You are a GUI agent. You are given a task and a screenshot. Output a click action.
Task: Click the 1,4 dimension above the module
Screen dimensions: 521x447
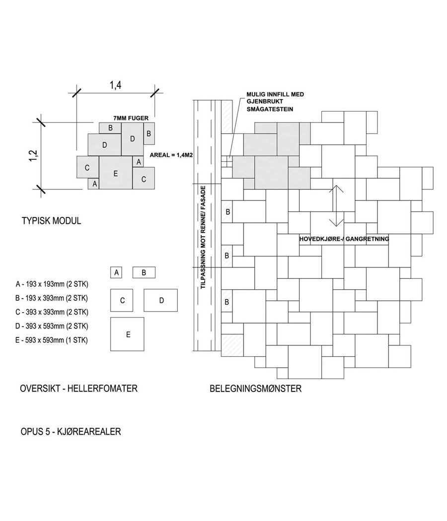click(x=115, y=85)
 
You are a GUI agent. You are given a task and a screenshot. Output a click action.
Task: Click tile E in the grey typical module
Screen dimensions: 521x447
click(x=115, y=173)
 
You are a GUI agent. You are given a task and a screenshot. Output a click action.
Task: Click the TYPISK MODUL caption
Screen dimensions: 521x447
click(x=51, y=221)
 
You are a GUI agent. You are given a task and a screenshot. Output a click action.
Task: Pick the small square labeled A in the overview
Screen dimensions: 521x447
click(x=117, y=272)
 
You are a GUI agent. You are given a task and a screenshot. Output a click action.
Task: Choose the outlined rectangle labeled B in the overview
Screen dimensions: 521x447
click(x=144, y=272)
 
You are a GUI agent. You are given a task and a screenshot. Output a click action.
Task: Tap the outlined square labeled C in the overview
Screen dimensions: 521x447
click(x=122, y=300)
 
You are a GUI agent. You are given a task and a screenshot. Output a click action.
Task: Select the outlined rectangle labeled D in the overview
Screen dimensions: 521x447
click(x=161, y=300)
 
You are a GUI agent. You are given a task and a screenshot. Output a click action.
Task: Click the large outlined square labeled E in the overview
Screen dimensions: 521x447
click(x=128, y=334)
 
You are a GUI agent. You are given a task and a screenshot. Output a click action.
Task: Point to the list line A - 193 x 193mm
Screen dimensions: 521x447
click(x=52, y=284)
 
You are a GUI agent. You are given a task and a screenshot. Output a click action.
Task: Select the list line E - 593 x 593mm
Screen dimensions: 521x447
click(x=52, y=340)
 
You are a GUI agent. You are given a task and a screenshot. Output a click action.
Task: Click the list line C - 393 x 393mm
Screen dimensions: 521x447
click(x=52, y=312)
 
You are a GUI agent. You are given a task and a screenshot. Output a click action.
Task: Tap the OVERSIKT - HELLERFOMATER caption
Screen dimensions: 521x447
click(x=78, y=389)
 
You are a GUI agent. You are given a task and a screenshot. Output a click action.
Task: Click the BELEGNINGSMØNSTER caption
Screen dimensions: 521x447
click(x=255, y=389)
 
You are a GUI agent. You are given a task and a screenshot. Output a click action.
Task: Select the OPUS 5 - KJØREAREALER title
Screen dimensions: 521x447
click(x=70, y=432)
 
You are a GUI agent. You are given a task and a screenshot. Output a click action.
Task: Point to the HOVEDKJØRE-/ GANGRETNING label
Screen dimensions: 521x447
click(x=344, y=239)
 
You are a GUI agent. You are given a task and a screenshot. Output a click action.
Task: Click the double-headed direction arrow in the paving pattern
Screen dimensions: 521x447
click(x=336, y=205)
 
